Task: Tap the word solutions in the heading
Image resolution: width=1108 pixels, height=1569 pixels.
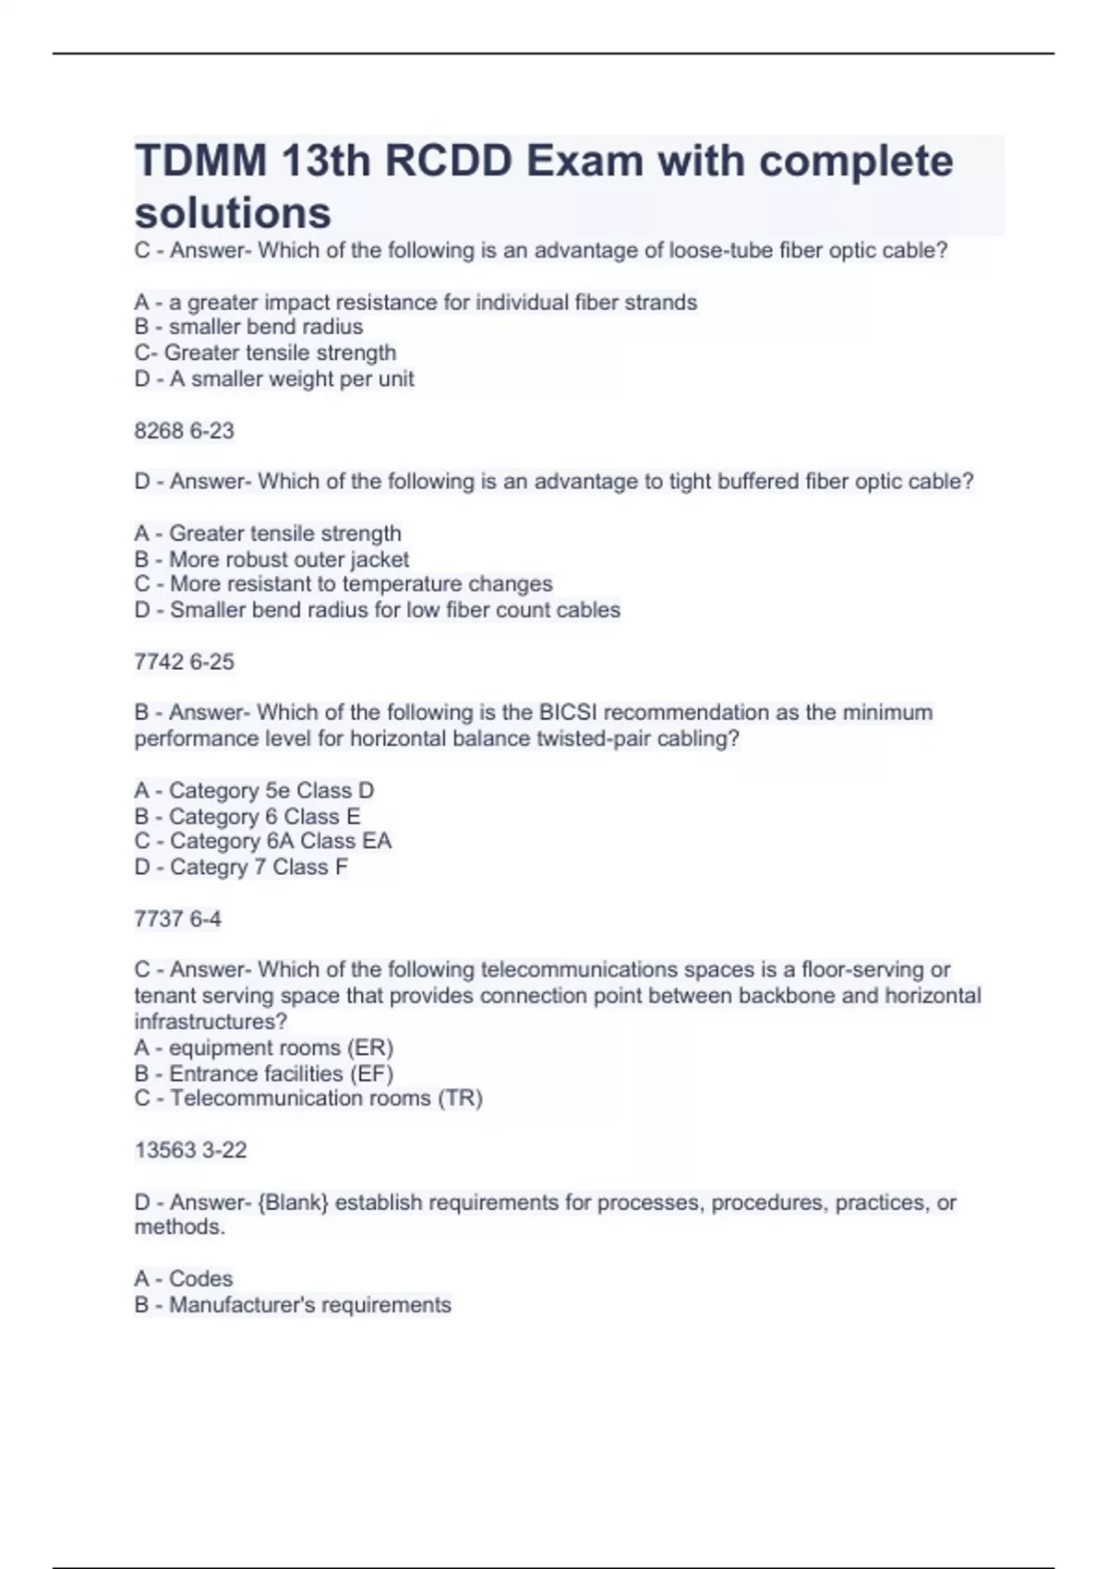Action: tap(233, 213)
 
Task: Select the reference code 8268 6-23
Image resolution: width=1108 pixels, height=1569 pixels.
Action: tap(184, 431)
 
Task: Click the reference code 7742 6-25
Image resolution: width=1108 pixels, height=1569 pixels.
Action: tap(184, 662)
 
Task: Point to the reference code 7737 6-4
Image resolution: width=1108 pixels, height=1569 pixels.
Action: tap(177, 918)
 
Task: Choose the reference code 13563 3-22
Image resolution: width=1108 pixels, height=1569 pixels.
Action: tap(190, 1150)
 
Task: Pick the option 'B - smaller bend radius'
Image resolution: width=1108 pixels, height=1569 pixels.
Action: tap(248, 327)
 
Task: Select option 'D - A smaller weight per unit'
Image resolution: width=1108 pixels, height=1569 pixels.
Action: tap(274, 378)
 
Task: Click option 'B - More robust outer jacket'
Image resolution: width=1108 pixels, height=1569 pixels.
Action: tap(271, 559)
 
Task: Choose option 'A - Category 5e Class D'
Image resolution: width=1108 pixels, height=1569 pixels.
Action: tap(254, 791)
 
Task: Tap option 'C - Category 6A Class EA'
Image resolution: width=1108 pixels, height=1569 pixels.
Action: tap(263, 841)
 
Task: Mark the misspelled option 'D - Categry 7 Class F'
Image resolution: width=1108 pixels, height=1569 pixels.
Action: tap(241, 867)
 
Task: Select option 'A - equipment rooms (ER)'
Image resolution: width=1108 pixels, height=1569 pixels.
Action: tap(264, 1048)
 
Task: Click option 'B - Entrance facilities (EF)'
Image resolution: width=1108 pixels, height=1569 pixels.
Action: tap(264, 1073)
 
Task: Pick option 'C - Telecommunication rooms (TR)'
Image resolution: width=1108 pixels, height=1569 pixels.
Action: tap(308, 1098)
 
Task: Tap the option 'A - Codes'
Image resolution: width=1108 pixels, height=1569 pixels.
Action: tap(183, 1278)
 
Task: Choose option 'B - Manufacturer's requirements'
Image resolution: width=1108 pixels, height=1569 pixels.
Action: tap(293, 1305)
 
